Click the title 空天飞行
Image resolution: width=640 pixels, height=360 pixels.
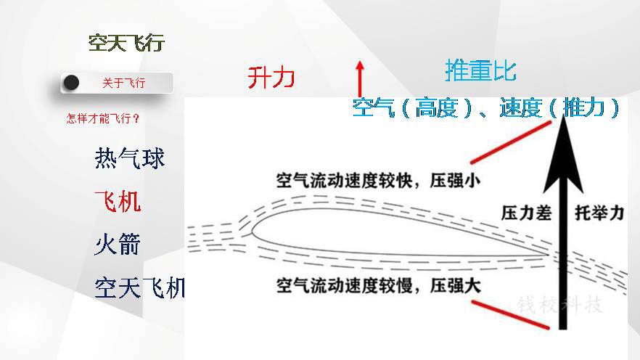click(x=126, y=43)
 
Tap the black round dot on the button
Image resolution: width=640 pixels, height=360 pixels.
click(x=71, y=83)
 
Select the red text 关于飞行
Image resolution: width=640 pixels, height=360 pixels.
click(x=123, y=83)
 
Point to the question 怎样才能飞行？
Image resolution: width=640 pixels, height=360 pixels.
click(x=103, y=119)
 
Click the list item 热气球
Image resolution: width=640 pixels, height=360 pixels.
click(x=129, y=158)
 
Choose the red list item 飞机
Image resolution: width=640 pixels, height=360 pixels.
click(x=118, y=201)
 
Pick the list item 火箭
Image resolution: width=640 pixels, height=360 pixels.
click(x=118, y=244)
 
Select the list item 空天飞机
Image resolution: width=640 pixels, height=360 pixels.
click(x=139, y=287)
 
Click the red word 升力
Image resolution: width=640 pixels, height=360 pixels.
click(x=271, y=77)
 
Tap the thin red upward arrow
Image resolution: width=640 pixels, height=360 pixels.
click(x=360, y=79)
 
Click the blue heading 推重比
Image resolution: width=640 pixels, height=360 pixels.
click(x=481, y=70)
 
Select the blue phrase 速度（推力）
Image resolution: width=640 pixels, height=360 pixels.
click(x=559, y=108)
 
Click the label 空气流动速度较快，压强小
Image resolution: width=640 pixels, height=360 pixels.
click(x=378, y=181)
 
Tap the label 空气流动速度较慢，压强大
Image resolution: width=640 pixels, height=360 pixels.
click(x=378, y=285)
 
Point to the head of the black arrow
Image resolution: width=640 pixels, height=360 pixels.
click(x=563, y=116)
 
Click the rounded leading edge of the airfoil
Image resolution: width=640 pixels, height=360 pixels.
click(x=252, y=231)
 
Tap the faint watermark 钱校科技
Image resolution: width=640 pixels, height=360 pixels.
click(x=560, y=305)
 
